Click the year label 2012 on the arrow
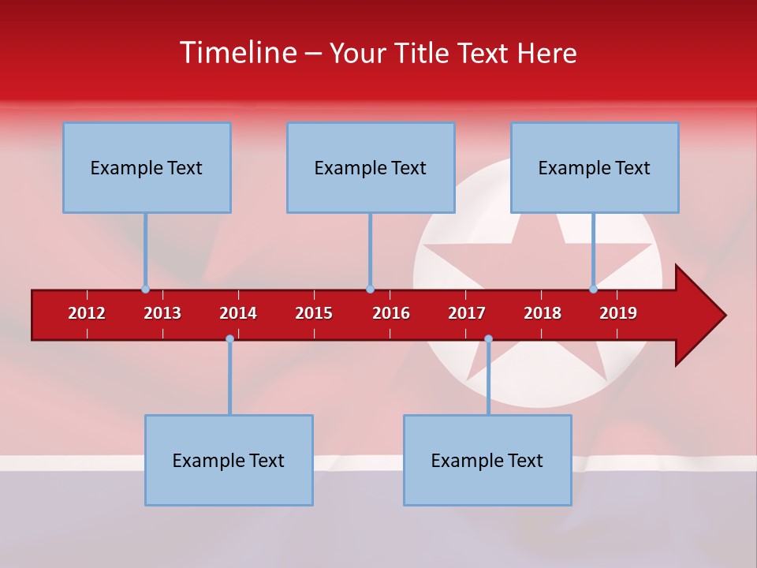tap(87, 313)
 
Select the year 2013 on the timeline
tap(162, 313)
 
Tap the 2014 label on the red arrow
tap(238, 313)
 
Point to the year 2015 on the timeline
tap(314, 313)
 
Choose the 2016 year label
tap(391, 313)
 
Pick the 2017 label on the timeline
tap(467, 313)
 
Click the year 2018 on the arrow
tap(543, 313)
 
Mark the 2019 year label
tap(618, 313)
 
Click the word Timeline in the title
tap(237, 53)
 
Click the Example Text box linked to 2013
tap(147, 167)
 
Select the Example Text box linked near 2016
tap(371, 167)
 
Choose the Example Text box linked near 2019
tap(595, 167)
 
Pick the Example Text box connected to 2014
tap(229, 460)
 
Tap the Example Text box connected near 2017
tap(487, 460)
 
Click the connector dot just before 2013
tap(145, 290)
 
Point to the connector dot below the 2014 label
tap(229, 339)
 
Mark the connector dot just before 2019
tap(594, 290)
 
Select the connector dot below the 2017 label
tap(488, 339)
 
